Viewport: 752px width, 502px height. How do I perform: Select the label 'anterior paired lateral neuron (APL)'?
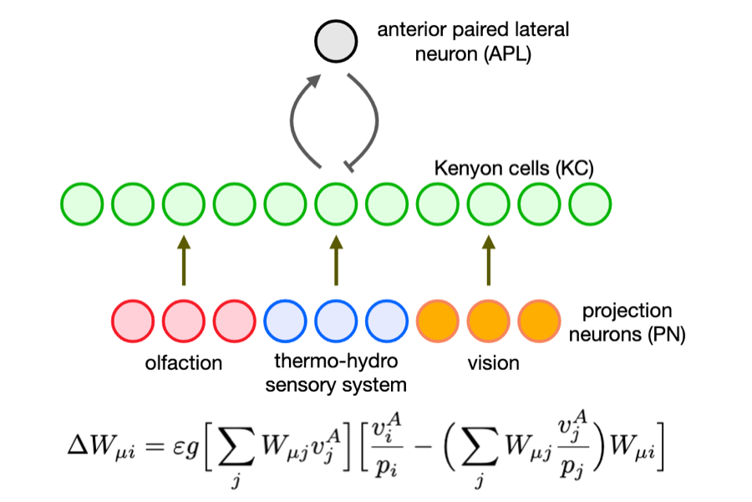click(472, 40)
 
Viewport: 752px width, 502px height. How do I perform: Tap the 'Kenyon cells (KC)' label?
click(513, 168)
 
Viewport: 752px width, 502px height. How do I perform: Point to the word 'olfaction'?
click(184, 364)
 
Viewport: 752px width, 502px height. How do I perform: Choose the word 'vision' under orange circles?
click(494, 364)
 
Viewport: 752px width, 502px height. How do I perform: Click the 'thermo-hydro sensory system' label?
click(336, 374)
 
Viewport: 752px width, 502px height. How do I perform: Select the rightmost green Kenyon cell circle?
click(591, 203)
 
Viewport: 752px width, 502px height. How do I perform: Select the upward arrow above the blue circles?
click(336, 262)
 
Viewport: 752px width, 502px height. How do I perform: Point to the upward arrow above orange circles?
click(489, 262)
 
